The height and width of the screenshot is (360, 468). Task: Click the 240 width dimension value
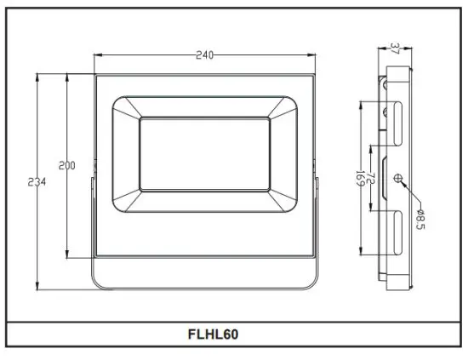click(x=204, y=55)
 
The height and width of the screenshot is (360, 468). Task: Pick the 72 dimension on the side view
click(x=371, y=180)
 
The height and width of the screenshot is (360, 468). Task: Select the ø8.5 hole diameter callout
click(x=419, y=220)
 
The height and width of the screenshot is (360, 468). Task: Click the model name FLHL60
click(x=213, y=334)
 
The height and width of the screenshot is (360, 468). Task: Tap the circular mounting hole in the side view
click(x=397, y=178)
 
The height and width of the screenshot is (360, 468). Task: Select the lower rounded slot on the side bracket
click(x=397, y=231)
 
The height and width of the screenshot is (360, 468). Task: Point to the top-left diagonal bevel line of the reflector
click(x=126, y=109)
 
